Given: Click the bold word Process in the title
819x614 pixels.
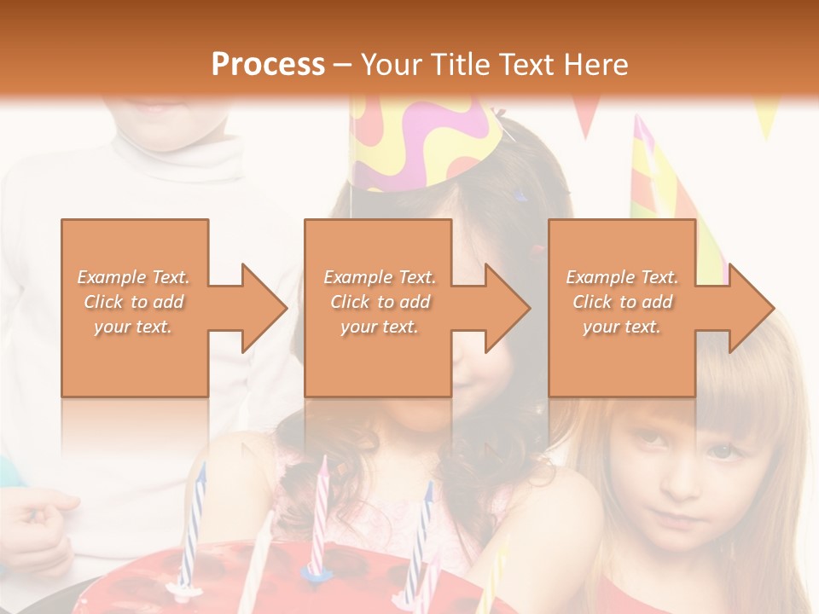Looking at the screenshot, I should pyautogui.click(x=268, y=65).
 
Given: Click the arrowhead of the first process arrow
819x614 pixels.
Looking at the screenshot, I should pyautogui.click(x=264, y=308).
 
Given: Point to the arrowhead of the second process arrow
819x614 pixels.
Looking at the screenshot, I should pyautogui.click(x=508, y=308).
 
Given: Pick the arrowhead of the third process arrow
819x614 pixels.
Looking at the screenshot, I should pyautogui.click(x=752, y=308).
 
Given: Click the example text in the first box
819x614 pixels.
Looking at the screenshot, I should pyautogui.click(x=134, y=302).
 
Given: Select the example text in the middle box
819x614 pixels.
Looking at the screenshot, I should pyautogui.click(x=379, y=302).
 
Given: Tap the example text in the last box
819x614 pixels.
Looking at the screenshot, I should pyautogui.click(x=622, y=302).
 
